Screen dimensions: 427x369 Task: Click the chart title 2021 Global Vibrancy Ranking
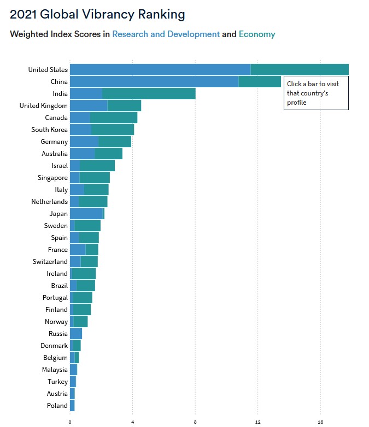(x=97, y=14)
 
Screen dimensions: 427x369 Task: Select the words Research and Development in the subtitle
(x=166, y=34)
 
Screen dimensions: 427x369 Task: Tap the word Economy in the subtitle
(x=257, y=34)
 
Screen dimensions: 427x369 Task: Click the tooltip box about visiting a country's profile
(x=316, y=93)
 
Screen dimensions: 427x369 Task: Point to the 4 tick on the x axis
(x=133, y=422)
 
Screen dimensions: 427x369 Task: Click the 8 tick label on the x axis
(x=195, y=422)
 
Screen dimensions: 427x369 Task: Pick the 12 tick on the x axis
(x=258, y=422)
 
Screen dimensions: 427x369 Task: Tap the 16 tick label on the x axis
(x=320, y=422)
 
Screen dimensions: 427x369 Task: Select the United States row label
(x=48, y=70)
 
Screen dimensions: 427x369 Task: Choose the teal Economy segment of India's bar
(x=149, y=94)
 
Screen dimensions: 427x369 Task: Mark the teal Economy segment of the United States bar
(x=300, y=70)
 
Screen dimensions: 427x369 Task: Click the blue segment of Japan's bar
(x=86, y=214)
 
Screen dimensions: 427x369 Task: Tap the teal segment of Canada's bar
(x=114, y=118)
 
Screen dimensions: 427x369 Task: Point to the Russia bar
(x=75, y=334)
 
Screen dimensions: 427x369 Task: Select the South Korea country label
(x=50, y=130)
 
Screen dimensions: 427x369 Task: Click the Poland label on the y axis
(x=57, y=406)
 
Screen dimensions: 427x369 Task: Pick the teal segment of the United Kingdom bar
(x=124, y=106)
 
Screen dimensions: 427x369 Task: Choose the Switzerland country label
(x=50, y=262)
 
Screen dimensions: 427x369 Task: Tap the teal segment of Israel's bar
(x=97, y=166)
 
